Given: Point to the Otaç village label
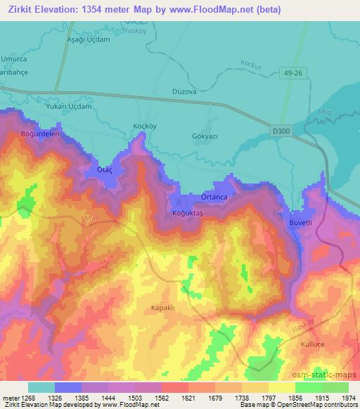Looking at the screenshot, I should pyautogui.click(x=95, y=170).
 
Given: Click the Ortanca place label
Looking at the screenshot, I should pyautogui.click(x=214, y=197).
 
